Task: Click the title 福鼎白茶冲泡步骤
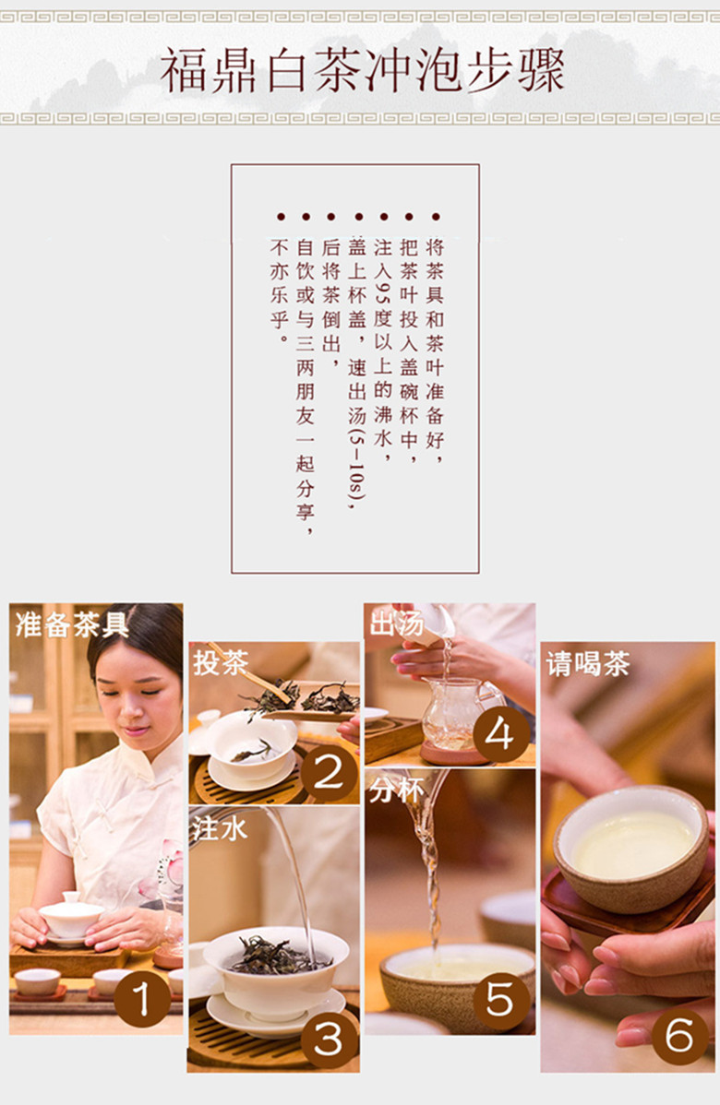(363, 70)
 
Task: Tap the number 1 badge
(142, 999)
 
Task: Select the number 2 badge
(329, 773)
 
